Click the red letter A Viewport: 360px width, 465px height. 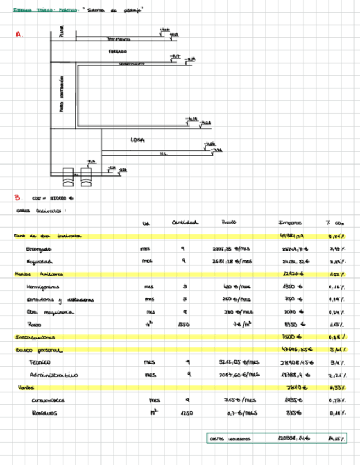(x=18, y=34)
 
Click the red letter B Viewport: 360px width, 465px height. (x=17, y=197)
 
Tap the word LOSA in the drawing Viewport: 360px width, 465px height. (x=137, y=140)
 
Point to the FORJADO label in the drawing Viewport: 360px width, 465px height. (x=117, y=52)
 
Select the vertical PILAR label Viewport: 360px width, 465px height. (x=61, y=34)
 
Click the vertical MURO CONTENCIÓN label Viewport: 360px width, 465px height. (x=61, y=94)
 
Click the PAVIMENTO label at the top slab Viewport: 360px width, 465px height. (x=119, y=39)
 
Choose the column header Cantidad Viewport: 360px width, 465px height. (x=185, y=223)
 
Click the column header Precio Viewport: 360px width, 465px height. (x=228, y=223)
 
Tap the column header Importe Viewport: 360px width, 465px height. (x=290, y=223)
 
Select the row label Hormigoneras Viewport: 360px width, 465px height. (x=43, y=286)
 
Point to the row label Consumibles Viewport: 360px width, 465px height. (x=48, y=400)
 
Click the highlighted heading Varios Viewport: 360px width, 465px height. (x=24, y=388)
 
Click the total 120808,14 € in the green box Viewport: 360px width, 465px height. (x=293, y=439)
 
